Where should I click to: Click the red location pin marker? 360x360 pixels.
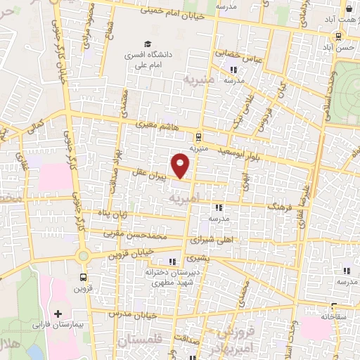181,165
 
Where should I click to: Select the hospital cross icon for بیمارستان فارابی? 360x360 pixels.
58,314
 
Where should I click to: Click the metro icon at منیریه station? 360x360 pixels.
199,137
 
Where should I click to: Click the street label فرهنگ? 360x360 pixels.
262,207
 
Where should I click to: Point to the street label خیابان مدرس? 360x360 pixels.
134,314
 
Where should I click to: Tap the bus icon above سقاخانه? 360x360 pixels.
333,307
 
